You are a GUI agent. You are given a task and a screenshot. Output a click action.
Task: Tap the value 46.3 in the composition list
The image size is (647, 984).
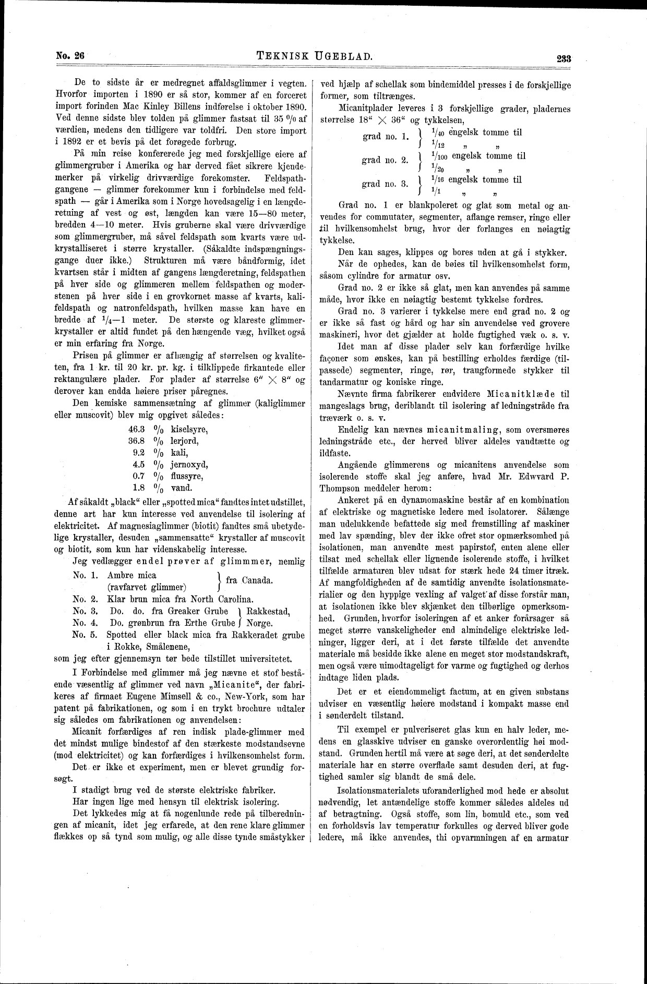point(137,430)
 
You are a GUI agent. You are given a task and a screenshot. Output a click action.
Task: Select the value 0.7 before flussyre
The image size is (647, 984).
point(138,476)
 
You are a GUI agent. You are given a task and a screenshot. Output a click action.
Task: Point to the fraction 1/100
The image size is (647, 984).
point(437,156)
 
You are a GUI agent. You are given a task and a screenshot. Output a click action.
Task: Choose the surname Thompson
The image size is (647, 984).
point(343,488)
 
